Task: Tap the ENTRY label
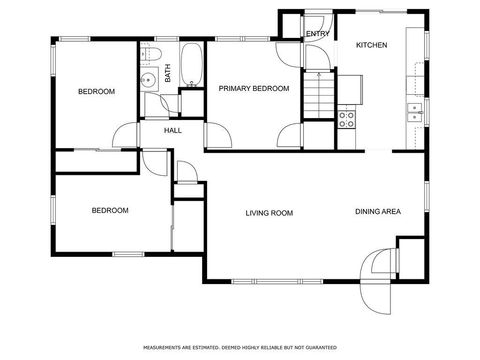pyautogui.click(x=317, y=34)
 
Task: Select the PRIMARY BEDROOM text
pyautogui.click(x=254, y=89)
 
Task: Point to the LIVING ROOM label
pyautogui.click(x=269, y=212)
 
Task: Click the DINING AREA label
pyautogui.click(x=377, y=212)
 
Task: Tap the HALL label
pyautogui.click(x=173, y=130)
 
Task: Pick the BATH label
pyautogui.click(x=168, y=72)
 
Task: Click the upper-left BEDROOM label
pyautogui.click(x=97, y=92)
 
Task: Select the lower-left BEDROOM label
pyautogui.click(x=110, y=210)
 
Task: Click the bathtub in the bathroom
pyautogui.click(x=191, y=65)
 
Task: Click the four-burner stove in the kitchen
pyautogui.click(x=346, y=120)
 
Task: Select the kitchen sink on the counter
pyautogui.click(x=412, y=112)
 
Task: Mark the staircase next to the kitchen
pyautogui.click(x=320, y=98)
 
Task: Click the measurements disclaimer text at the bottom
pyautogui.click(x=239, y=348)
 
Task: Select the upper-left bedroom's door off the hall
pyautogui.click(x=124, y=136)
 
